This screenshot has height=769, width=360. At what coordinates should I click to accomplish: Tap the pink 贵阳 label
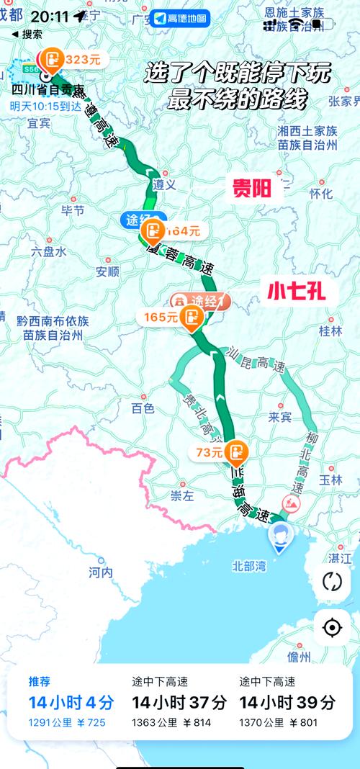pos(252,189)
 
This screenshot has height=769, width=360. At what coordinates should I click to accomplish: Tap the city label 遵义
pos(166,184)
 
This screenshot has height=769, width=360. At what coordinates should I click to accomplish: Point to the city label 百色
pos(143,408)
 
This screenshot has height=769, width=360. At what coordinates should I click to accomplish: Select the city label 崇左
pos(182,496)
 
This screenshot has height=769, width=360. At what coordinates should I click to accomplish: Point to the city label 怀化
pos(320,194)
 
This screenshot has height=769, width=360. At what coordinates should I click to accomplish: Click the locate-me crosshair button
pos(332,628)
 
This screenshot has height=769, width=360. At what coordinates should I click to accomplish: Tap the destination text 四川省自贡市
pos(48,90)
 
